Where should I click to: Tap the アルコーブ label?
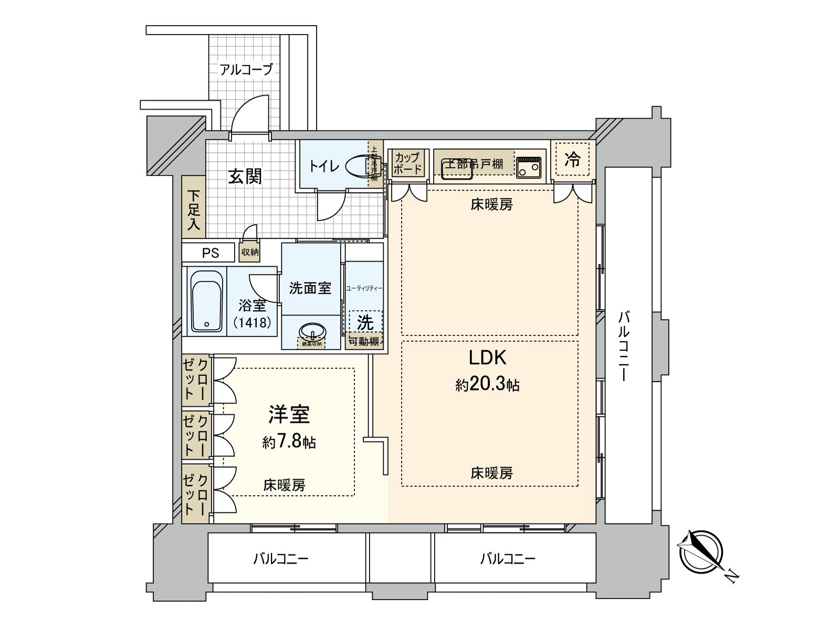tap(246, 69)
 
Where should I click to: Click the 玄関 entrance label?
tap(245, 176)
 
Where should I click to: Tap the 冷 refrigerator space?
tap(572, 160)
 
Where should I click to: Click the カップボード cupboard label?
tap(407, 163)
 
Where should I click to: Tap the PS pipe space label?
tap(211, 253)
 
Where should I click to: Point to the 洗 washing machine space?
tap(365, 322)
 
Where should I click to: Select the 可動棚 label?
tap(364, 341)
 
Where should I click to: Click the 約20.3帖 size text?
tap(487, 385)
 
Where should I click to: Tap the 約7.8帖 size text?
tap(289, 442)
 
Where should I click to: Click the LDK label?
tap(487, 358)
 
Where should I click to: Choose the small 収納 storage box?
tap(250, 252)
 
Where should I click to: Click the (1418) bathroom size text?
tap(253, 322)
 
